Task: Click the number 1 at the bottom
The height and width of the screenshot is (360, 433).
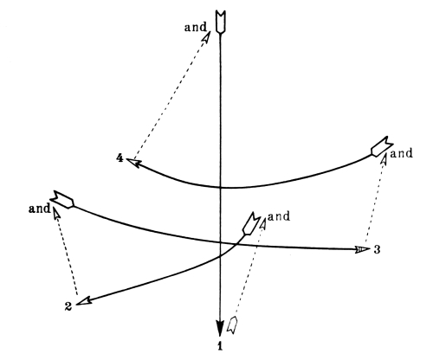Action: click(x=220, y=346)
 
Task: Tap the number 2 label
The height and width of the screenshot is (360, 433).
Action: click(x=68, y=306)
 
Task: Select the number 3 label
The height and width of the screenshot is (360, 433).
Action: click(x=377, y=249)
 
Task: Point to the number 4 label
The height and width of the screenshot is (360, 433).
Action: click(x=120, y=158)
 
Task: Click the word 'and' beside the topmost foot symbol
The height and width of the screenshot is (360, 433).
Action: click(x=196, y=27)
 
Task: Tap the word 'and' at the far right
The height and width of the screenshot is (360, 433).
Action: click(x=401, y=153)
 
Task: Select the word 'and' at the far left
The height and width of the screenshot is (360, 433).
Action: click(x=40, y=209)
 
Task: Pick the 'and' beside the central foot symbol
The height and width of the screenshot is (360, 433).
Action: click(x=279, y=216)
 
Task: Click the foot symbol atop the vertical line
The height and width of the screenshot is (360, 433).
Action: click(x=221, y=22)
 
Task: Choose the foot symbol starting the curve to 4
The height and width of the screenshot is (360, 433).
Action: click(x=382, y=146)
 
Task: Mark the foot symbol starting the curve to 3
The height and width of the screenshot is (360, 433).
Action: click(x=62, y=199)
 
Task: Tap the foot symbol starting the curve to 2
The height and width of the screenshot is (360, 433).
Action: click(x=250, y=223)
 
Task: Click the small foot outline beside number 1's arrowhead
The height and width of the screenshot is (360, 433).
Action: click(x=232, y=325)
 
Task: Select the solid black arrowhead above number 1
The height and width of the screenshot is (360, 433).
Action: click(x=220, y=328)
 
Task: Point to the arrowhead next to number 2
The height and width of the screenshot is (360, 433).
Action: click(x=84, y=301)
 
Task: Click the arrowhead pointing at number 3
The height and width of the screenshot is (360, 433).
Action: click(x=362, y=249)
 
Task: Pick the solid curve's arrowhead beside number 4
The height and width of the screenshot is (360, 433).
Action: click(x=133, y=163)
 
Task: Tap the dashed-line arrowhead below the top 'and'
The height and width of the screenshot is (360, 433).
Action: click(x=206, y=37)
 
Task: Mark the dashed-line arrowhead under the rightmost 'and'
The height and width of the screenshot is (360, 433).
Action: click(x=384, y=159)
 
